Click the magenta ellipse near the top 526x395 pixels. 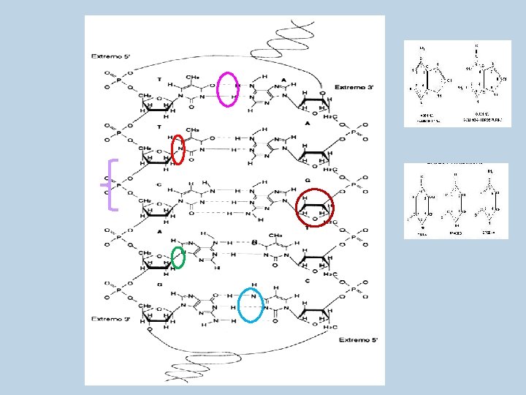[x=229, y=89]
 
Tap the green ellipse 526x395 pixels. [x=178, y=257]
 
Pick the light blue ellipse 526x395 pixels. [x=251, y=304]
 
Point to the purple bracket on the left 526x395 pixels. [x=111, y=184]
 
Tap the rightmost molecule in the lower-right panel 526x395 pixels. [x=489, y=201]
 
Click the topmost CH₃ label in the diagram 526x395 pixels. [x=194, y=75]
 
